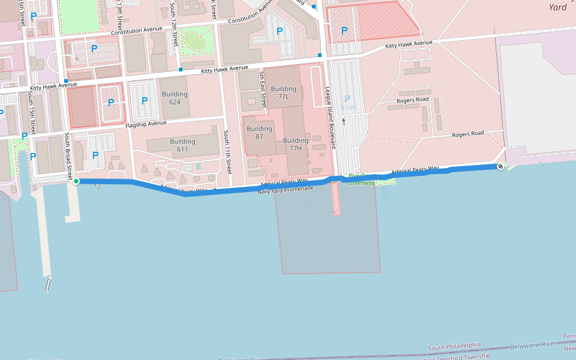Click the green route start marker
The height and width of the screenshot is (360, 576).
click(x=76, y=181)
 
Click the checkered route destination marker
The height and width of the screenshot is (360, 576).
click(x=500, y=166)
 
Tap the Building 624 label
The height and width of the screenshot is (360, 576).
click(x=175, y=98)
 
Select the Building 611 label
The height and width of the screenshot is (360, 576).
click(x=182, y=145)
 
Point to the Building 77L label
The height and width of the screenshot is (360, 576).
click(x=284, y=92)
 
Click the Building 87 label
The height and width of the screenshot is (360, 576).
click(x=259, y=133)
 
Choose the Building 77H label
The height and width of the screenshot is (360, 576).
click(x=295, y=144)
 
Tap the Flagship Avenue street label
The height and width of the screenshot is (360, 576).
click(x=146, y=124)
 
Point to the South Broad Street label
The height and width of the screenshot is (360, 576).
click(x=68, y=155)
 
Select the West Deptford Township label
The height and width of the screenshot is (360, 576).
click(x=456, y=357)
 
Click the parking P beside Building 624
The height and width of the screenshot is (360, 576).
click(x=144, y=101)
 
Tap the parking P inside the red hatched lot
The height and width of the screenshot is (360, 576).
click(x=344, y=31)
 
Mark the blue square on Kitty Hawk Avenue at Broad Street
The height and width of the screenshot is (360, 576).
click(x=66, y=81)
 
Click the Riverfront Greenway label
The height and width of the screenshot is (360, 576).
click(x=361, y=178)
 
